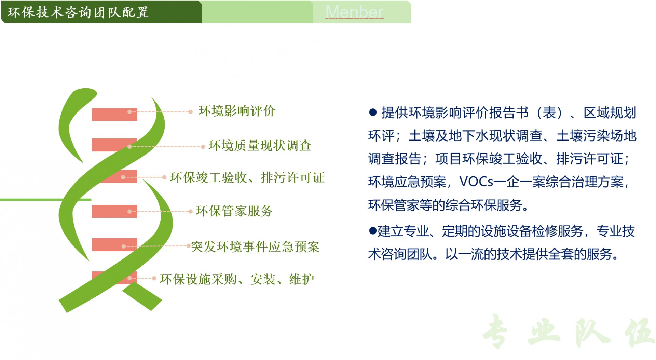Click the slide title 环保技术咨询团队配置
(x=78, y=12)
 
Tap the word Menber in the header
(x=354, y=12)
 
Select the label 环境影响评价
(x=237, y=111)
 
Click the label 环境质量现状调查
(x=260, y=146)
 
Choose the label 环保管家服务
(x=234, y=211)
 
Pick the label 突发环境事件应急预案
(x=255, y=247)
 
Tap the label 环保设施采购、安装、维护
(x=237, y=279)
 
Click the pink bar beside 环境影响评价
(x=114, y=115)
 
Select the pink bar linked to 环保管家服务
(x=114, y=211)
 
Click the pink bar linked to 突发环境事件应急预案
(x=114, y=244)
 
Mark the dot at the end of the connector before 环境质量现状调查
(x=203, y=147)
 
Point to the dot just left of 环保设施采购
(x=154, y=278)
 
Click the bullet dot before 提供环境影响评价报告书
(x=373, y=112)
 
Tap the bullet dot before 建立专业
(x=372, y=231)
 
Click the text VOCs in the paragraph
(x=476, y=182)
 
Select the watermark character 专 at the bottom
(x=495, y=331)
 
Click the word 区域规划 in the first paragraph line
(x=610, y=112)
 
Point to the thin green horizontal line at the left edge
(x=46, y=200)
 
